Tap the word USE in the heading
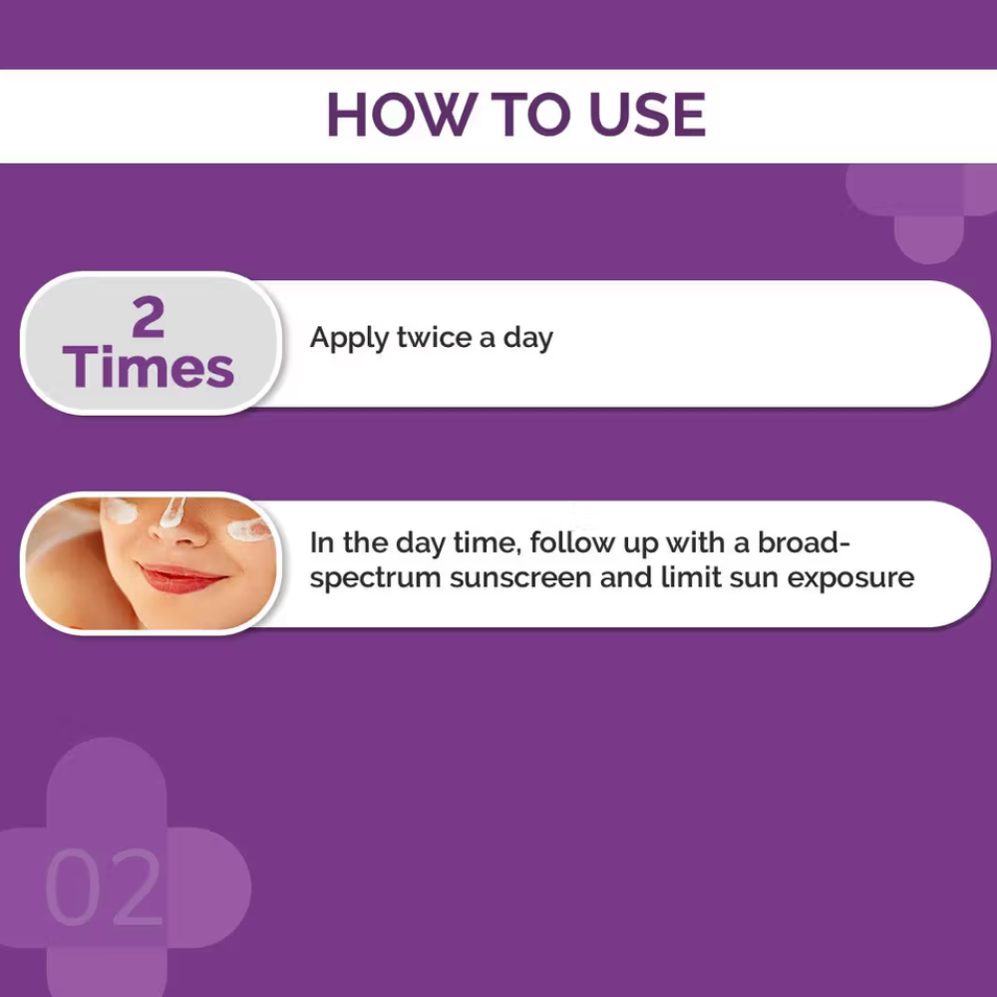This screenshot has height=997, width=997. [x=647, y=115]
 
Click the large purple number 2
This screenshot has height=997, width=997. [x=149, y=317]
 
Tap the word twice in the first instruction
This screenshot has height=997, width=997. [x=434, y=337]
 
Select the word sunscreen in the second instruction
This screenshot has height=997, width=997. [x=520, y=578]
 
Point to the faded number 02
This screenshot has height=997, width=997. [x=104, y=887]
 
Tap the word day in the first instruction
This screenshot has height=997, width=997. [x=527, y=339]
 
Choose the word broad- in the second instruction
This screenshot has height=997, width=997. [x=804, y=542]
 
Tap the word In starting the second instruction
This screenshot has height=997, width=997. [x=322, y=542]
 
